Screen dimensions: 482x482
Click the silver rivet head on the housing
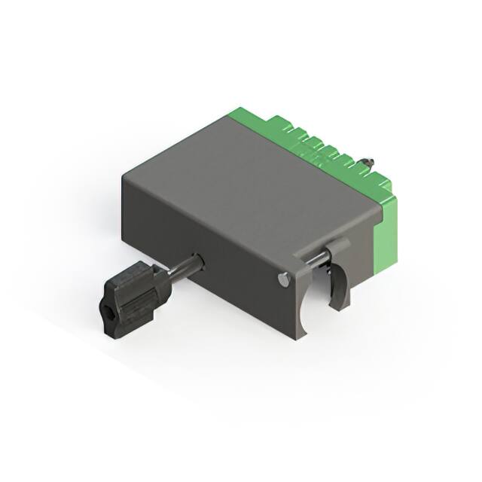coord(283,279)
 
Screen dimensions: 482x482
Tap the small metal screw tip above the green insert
coord(368,161)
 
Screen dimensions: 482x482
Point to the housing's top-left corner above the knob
coord(124,176)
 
